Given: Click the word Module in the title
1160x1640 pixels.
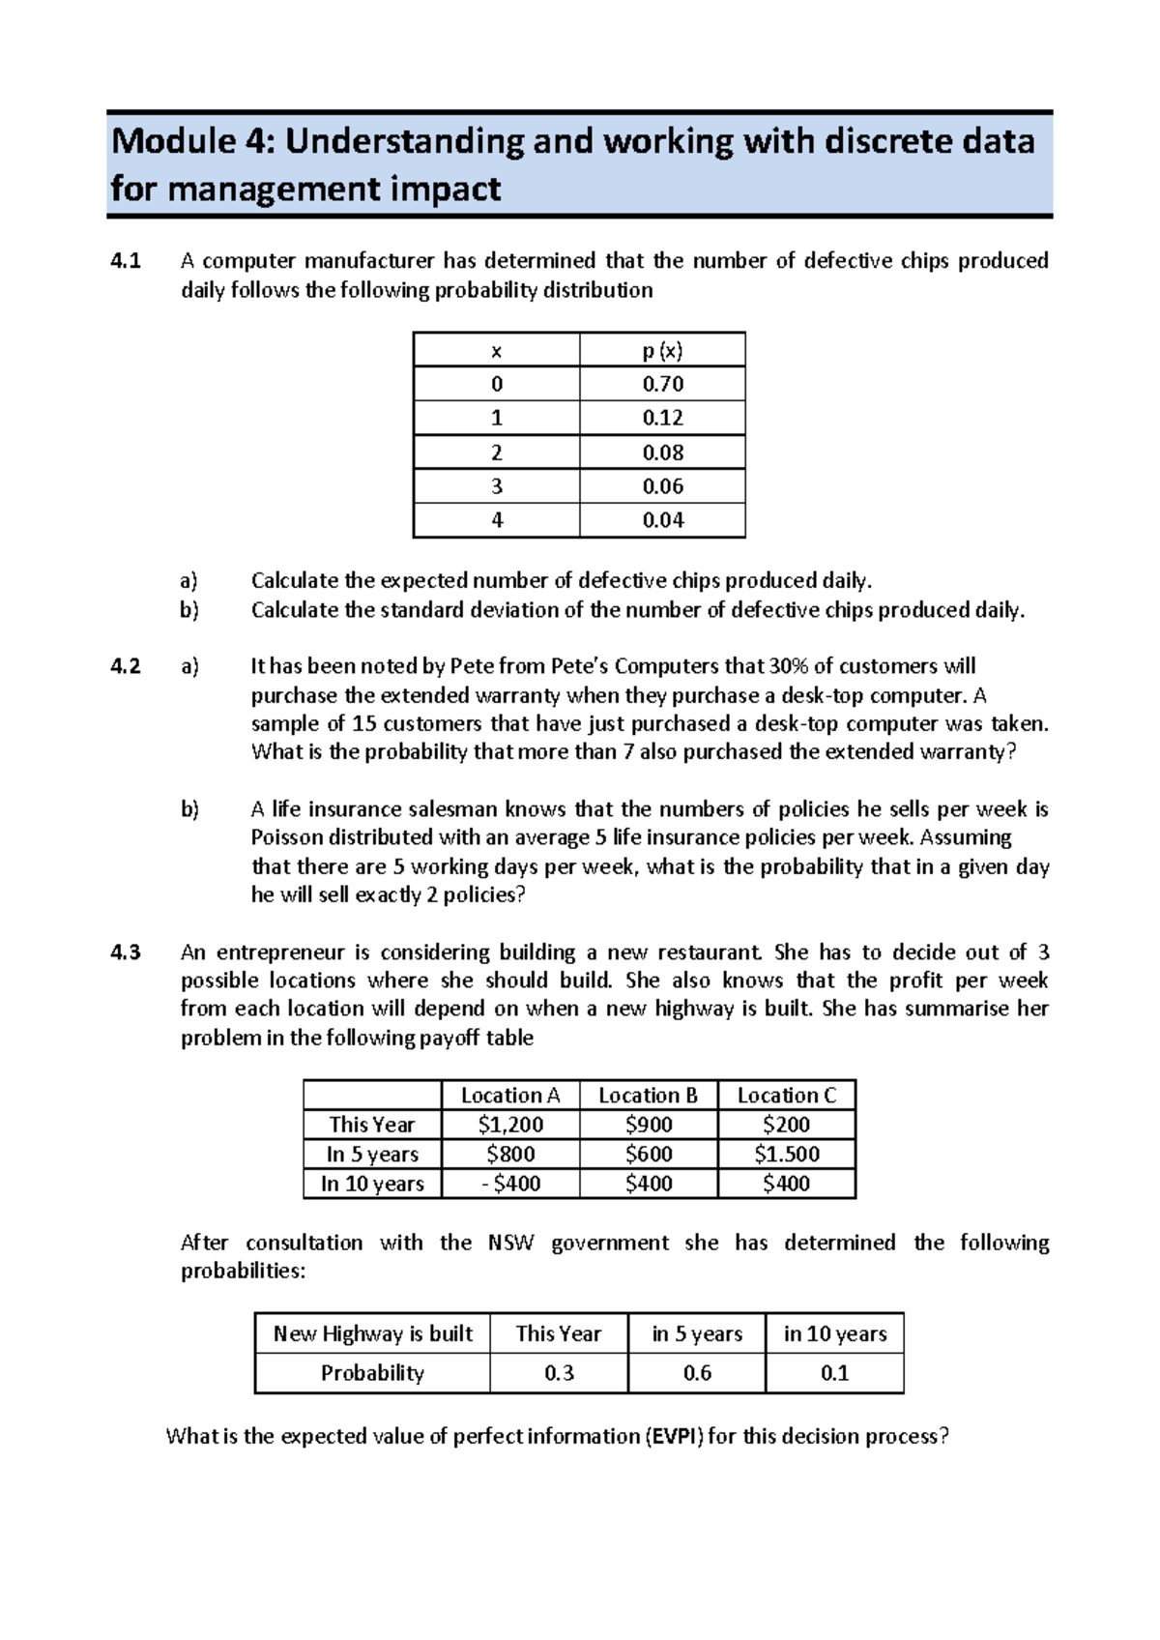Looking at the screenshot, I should (173, 142).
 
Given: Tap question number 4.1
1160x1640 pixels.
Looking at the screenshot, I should (126, 260).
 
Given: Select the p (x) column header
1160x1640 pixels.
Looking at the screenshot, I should (662, 350).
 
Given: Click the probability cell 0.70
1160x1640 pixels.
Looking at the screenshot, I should (662, 384).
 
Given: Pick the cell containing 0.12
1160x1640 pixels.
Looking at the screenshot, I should (662, 418).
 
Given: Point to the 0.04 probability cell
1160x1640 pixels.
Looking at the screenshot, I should (662, 520).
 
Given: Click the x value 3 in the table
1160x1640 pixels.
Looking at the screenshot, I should (497, 486).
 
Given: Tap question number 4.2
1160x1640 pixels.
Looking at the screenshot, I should (126, 666).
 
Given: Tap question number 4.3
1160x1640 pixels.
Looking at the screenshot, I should (126, 952).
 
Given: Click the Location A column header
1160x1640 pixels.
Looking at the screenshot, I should (510, 1096).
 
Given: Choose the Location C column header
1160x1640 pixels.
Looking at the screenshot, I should (786, 1096).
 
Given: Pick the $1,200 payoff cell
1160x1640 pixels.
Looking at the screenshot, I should (510, 1125).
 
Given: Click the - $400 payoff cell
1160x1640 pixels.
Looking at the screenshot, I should (510, 1184).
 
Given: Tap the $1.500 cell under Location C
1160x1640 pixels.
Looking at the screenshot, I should (786, 1155).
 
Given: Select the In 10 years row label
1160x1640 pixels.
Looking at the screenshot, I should (372, 1184).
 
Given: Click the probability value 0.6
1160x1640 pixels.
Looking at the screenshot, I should (697, 1373).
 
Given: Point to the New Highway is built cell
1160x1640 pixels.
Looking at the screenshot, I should (372, 1334).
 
